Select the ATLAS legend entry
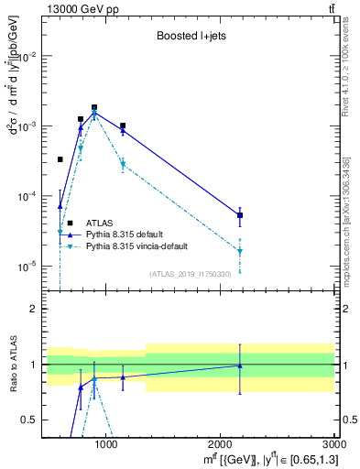100,223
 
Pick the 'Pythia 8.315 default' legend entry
127,234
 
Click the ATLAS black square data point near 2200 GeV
240,215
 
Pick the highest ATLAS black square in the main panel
94,107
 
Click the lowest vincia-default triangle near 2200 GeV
240,251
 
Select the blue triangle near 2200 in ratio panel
240,365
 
